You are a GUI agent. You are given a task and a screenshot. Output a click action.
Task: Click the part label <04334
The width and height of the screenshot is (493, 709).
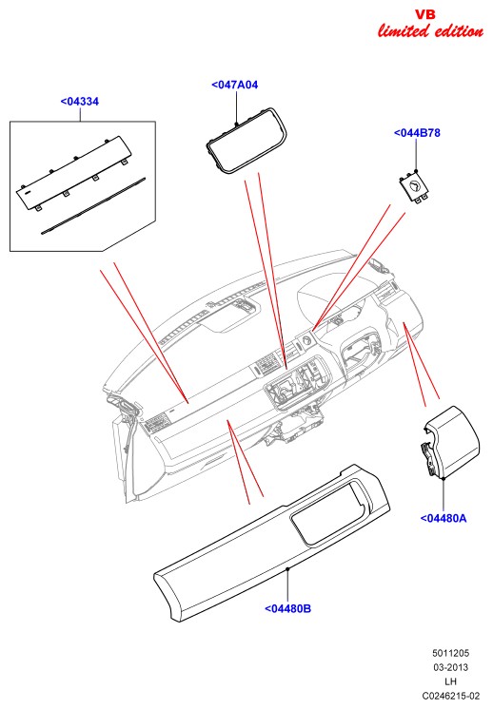(80, 102)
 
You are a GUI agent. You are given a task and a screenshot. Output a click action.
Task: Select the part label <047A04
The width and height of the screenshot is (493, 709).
(234, 85)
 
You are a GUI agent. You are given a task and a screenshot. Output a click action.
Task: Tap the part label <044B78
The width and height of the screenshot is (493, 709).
(417, 133)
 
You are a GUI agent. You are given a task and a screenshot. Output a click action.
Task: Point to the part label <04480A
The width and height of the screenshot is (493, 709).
(444, 518)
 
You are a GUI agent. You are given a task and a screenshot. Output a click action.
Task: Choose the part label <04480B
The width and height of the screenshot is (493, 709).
(287, 608)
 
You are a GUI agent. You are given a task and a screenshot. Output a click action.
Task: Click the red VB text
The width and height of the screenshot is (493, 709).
(425, 14)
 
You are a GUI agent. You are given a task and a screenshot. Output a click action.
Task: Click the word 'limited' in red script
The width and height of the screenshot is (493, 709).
(404, 31)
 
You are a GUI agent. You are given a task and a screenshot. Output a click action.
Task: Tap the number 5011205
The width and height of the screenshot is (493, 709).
(450, 653)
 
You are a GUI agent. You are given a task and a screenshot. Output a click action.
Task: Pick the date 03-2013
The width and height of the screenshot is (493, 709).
(450, 667)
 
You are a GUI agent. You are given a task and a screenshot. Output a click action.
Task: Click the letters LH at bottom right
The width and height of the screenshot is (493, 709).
(450, 681)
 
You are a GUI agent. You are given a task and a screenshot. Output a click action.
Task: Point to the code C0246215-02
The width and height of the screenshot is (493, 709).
(450, 696)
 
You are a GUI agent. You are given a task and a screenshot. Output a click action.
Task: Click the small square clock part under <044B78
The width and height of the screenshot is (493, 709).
(414, 186)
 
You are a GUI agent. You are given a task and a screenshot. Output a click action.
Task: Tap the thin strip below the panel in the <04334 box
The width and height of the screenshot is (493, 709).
(93, 206)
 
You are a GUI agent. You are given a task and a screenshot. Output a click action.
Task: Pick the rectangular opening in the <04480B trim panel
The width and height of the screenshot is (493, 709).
(327, 512)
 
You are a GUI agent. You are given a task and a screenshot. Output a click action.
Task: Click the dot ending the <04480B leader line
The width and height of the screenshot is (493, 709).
(287, 568)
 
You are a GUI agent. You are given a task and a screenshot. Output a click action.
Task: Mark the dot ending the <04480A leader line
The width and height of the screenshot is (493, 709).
(444, 478)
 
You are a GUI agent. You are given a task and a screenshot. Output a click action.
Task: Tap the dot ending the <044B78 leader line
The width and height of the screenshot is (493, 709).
(416, 171)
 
